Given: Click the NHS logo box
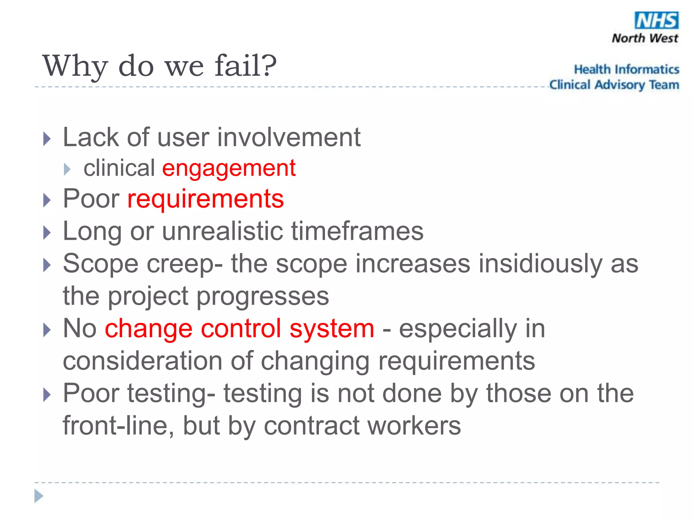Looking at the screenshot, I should coord(656,20).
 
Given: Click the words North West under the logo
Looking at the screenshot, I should coord(645,38).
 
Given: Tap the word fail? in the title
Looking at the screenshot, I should coord(246,66).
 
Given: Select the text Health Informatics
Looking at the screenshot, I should coord(626,69).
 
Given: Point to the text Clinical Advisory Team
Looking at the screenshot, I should coord(614,85).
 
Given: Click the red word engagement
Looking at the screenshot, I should coord(229,168).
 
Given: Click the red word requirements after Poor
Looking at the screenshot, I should coord(205,199).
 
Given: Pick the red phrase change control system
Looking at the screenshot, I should coord(239,328).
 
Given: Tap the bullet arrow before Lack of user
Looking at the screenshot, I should coord(47,139).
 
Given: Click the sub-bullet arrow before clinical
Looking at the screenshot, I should coord(67,169).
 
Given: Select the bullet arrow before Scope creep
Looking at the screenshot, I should coord(47,265).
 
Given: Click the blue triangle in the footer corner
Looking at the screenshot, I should coord(39,496).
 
